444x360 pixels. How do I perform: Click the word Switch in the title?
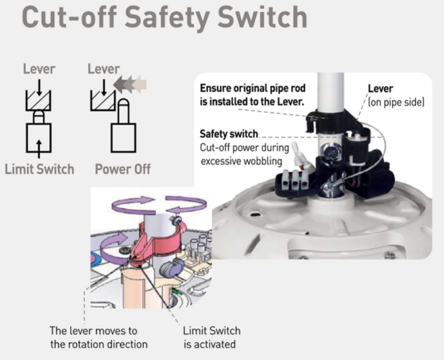(x=263, y=17)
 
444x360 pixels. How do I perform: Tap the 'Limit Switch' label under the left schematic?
(x=40, y=169)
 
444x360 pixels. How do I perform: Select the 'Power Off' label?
(x=123, y=169)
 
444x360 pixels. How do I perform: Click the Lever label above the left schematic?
(x=39, y=69)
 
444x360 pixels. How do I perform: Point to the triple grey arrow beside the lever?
(x=130, y=84)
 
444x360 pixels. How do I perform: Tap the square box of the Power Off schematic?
(x=124, y=138)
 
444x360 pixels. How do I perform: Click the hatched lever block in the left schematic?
(x=39, y=100)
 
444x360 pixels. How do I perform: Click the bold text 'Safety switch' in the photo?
(x=229, y=134)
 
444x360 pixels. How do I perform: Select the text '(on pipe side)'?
(x=396, y=102)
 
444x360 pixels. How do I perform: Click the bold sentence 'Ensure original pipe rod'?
(x=252, y=88)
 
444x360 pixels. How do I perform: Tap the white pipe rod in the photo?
(x=330, y=93)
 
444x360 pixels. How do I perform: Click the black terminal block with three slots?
(x=295, y=182)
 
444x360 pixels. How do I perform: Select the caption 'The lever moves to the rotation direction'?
(x=99, y=337)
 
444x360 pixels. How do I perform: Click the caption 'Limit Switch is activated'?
(x=212, y=337)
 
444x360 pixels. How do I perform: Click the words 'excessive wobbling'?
(x=242, y=161)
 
